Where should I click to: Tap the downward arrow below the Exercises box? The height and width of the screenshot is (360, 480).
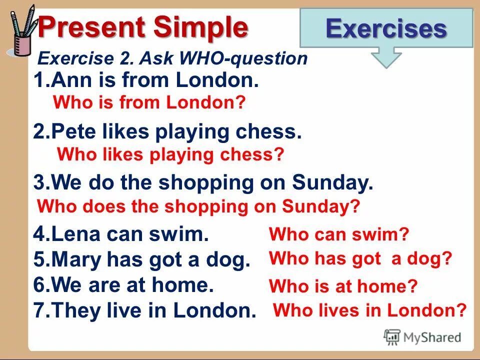pyautogui.click(x=386, y=57)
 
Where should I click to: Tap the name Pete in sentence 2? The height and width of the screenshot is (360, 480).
pyautogui.click(x=73, y=132)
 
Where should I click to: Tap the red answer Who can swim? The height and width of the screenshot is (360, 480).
pyautogui.click(x=339, y=233)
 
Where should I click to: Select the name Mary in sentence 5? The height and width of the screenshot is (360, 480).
pyautogui.click(x=76, y=260)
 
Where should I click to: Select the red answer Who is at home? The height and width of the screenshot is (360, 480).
pyautogui.click(x=343, y=286)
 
